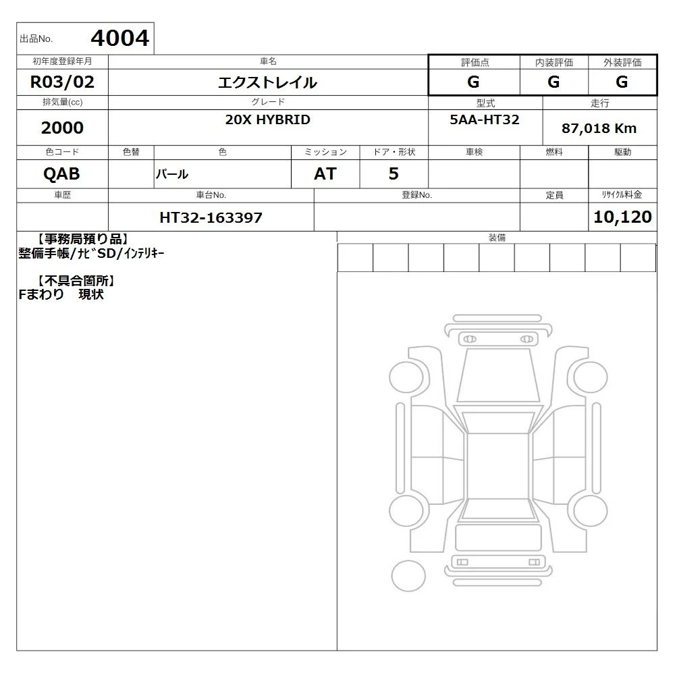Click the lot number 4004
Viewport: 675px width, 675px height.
(120, 38)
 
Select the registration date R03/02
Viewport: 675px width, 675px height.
(62, 82)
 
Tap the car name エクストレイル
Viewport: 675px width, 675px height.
(268, 82)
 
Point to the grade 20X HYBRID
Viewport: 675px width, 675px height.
(268, 119)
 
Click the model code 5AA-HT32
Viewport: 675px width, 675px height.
(485, 119)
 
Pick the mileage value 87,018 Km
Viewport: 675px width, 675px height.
(599, 128)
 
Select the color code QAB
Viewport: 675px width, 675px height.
(61, 174)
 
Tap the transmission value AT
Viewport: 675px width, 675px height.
(325, 174)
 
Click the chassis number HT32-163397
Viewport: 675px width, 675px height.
(211, 217)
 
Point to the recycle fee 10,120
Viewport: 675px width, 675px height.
(622, 217)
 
